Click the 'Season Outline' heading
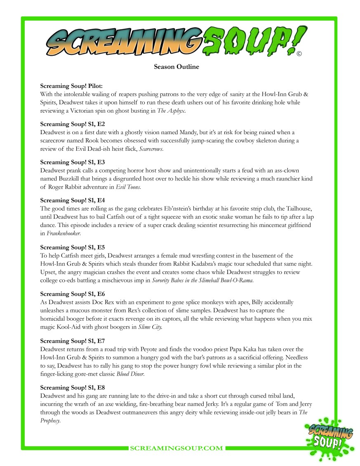pos(176,67)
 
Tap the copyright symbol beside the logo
pos(299,54)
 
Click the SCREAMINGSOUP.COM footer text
pos(176,448)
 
